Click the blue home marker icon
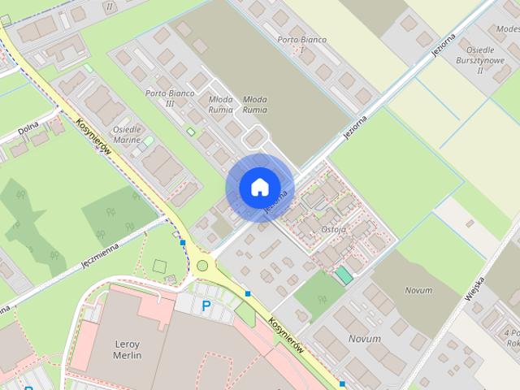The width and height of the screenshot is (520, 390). (259, 187)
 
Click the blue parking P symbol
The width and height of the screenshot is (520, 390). (206, 306)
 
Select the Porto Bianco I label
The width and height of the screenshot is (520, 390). (296, 45)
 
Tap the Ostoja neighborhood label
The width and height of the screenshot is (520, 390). (333, 230)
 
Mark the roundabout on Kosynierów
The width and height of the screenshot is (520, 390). (202, 266)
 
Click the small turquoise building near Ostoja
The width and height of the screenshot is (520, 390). (345, 275)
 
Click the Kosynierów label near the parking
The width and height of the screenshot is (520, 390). (288, 333)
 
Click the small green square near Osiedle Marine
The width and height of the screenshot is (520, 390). (191, 132)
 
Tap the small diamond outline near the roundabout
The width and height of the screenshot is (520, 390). (159, 266)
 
